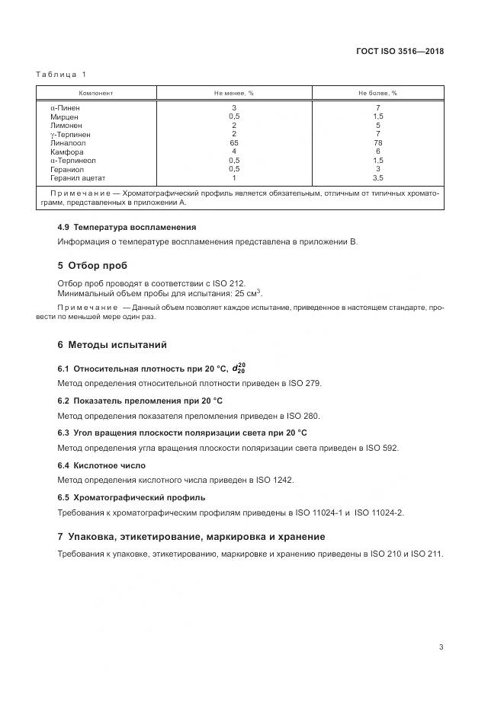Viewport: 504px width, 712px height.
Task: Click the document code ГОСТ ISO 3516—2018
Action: point(400,52)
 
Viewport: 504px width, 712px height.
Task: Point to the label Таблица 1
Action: point(61,74)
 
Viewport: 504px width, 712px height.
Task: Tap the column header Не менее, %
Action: point(234,94)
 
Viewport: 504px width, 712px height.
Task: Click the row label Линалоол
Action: point(68,142)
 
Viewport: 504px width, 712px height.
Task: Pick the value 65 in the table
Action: point(234,142)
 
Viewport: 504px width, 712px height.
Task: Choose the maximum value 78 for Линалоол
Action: point(378,142)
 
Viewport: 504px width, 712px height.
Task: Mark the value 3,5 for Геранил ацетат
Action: point(378,178)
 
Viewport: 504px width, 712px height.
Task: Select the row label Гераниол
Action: point(66,169)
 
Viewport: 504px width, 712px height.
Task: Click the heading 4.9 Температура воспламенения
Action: point(127,227)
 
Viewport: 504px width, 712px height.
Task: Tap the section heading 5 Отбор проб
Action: point(92,266)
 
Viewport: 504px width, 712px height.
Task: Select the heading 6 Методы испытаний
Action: point(112,345)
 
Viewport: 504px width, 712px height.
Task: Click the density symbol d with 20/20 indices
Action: point(239,369)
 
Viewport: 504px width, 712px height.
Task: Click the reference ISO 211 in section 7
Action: point(426,554)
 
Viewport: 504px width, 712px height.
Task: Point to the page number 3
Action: point(441,647)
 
